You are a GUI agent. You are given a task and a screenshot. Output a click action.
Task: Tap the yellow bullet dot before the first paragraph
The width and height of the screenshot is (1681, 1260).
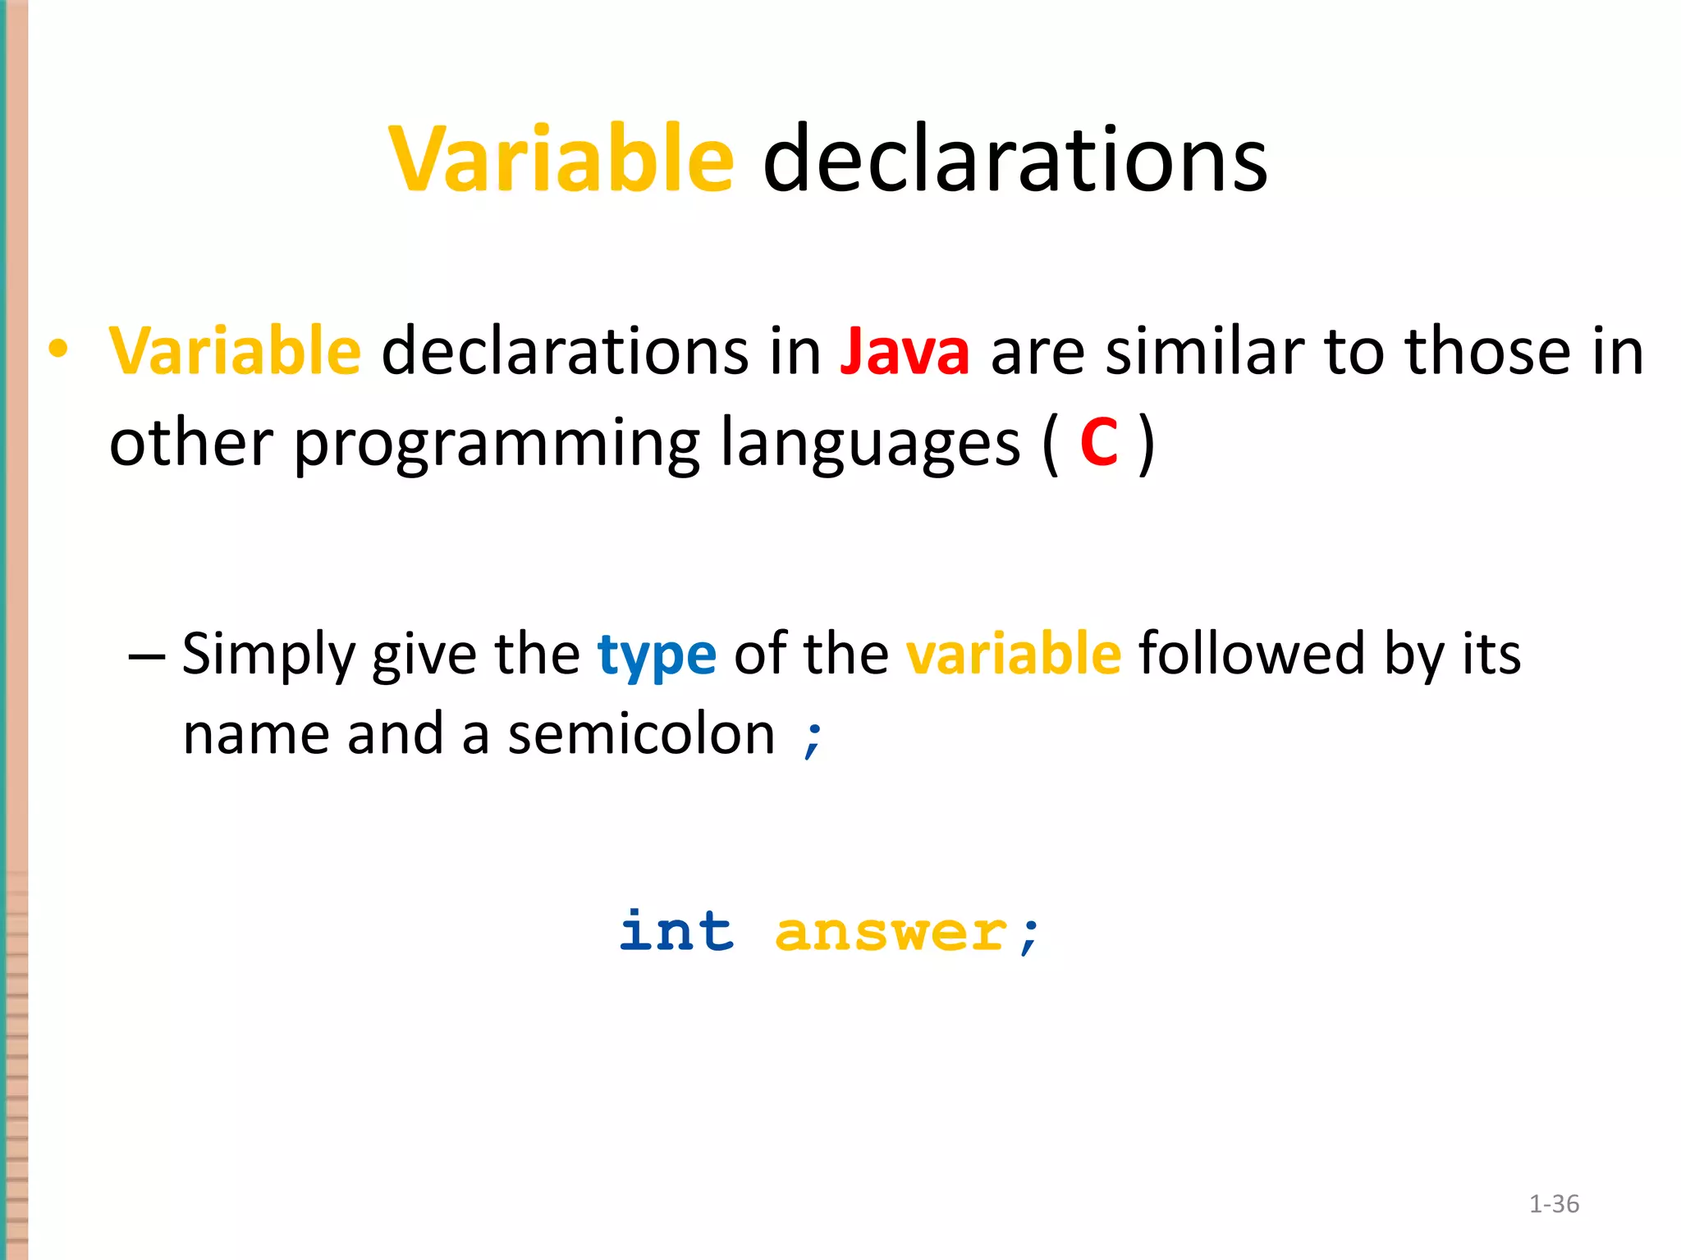coord(57,349)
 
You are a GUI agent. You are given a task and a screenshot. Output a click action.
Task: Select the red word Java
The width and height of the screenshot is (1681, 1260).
coord(905,352)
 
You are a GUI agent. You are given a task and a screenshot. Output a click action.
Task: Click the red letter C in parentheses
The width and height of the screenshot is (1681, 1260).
coord(1099,443)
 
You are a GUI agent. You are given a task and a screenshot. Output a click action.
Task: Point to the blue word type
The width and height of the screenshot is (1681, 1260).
coord(657,655)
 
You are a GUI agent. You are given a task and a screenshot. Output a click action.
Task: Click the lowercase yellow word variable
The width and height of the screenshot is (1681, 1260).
coord(1013,654)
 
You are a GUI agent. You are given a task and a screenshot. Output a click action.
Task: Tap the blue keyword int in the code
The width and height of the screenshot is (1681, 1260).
coord(676,932)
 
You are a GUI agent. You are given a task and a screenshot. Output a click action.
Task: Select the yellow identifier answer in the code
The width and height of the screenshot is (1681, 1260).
coord(891,934)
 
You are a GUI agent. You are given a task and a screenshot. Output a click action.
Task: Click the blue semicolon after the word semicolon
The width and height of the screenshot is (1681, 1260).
coord(813,737)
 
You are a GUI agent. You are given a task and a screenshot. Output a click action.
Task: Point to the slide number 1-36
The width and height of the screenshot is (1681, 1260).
coord(1554,1204)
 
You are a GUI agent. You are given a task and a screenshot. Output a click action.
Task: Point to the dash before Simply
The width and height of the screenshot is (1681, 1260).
coord(147,657)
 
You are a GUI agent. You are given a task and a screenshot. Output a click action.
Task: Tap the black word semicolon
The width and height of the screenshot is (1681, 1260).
coord(641,734)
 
